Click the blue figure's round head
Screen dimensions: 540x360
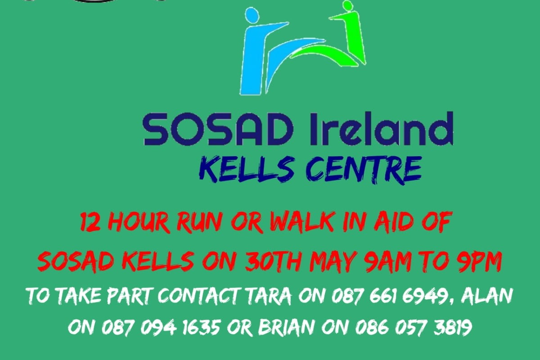(252, 16)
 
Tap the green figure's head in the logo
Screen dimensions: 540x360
(347, 6)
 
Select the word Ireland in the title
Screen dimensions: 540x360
(380, 129)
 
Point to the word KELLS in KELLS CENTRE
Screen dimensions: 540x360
(246, 170)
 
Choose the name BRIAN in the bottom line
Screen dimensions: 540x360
(288, 327)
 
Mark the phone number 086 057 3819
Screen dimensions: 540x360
(414, 328)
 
